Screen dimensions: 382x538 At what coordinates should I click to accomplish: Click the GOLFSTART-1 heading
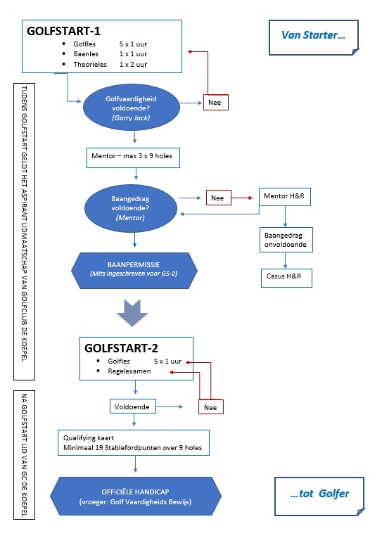point(63,31)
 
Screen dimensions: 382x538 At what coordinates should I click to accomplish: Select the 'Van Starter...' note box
point(314,37)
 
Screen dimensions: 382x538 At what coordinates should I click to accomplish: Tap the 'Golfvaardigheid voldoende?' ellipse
point(131,108)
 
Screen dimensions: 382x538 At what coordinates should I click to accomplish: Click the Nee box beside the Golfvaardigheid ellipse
point(215,102)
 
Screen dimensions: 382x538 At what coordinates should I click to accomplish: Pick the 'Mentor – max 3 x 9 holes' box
point(133,158)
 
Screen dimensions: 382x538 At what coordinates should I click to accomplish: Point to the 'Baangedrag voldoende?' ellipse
point(131,208)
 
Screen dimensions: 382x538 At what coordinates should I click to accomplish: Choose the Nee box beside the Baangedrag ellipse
point(218,198)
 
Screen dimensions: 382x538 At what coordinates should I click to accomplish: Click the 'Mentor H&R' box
point(284,197)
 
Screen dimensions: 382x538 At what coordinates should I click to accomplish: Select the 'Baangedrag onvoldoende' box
point(286,240)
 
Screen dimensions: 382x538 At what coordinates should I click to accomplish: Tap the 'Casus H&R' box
point(286,278)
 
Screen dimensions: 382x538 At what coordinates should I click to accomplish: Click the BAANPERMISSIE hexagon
point(134,271)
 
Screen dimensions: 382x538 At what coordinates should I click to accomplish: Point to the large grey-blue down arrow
point(132,312)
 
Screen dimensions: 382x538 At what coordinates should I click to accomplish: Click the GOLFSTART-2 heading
point(121,348)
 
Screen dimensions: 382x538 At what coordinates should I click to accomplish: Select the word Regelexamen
point(129,371)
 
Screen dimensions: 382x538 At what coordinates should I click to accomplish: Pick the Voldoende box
point(132,406)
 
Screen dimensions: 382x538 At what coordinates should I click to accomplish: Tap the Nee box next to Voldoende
point(211,407)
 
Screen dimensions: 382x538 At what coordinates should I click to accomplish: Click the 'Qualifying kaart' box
point(134,442)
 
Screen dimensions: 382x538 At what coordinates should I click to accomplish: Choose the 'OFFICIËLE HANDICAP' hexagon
point(136,496)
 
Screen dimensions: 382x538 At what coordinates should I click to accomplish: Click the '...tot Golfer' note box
point(319,496)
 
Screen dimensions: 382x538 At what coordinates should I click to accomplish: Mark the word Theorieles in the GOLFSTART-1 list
point(90,65)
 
